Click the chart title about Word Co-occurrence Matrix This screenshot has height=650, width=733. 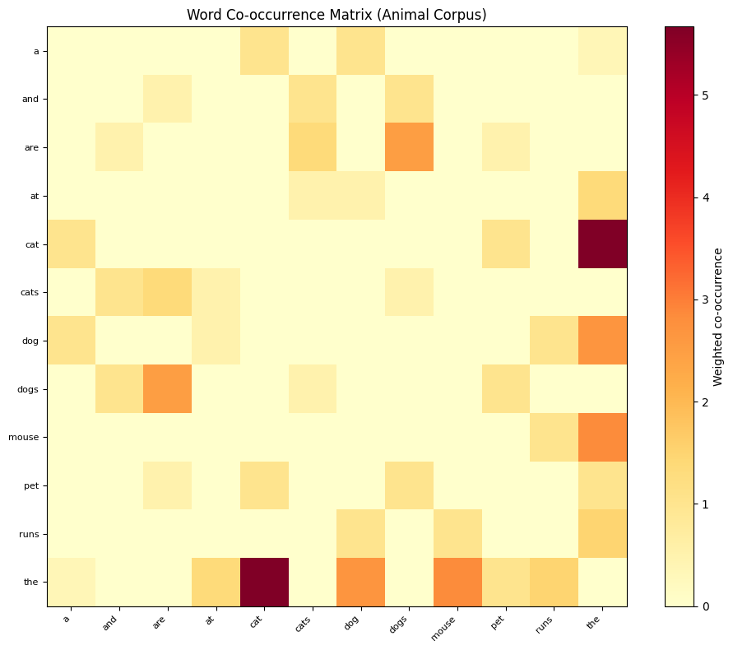coord(336,15)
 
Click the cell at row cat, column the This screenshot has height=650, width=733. coord(602,244)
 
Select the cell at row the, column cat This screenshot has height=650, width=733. coord(264,582)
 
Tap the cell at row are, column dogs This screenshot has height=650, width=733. coord(409,148)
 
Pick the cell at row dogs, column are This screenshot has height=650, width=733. coord(167,389)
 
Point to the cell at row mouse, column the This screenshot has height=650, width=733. coord(602,438)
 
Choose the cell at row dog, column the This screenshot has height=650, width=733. coord(602,341)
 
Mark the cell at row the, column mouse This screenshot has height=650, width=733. coord(457,582)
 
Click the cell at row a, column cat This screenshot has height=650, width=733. coord(264,51)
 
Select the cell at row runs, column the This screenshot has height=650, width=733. coord(602,534)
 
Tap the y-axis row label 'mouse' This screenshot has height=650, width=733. coord(27,438)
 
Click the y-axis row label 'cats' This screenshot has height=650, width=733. coord(30,293)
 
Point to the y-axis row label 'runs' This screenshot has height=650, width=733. coord(30,534)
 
